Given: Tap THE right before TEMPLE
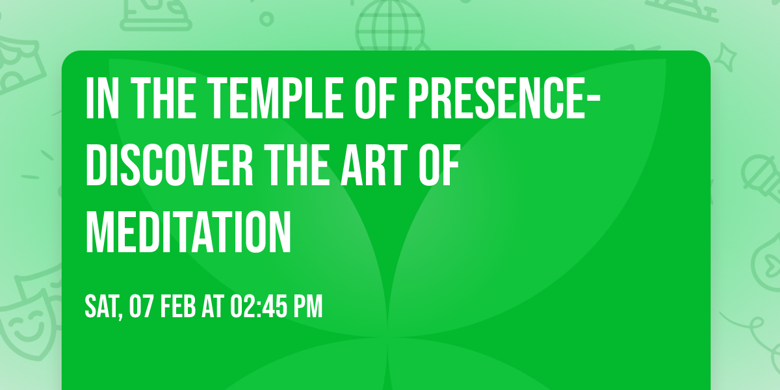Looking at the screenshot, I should coord(149,98).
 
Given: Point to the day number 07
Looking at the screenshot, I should coord(141,306).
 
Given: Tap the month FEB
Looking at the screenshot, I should coord(177,306).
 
